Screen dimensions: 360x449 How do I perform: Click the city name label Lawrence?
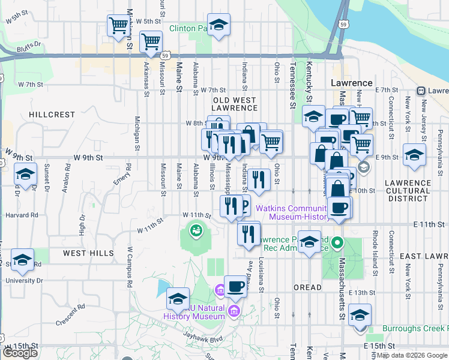tap(352, 83)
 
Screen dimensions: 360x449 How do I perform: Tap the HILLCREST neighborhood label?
tap(52, 114)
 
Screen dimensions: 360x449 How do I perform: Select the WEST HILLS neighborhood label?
tap(89, 253)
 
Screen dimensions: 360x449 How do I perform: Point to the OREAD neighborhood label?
tap(308, 287)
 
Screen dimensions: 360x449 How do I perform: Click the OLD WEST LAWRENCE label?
tap(235, 104)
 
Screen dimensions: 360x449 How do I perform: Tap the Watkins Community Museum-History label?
tap(292, 212)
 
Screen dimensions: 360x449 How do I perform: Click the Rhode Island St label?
tap(375, 242)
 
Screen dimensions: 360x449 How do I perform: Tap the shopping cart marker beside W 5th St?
tap(118, 25)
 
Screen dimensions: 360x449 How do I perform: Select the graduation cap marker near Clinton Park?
tap(219, 25)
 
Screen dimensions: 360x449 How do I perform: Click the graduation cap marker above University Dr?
tap(22, 259)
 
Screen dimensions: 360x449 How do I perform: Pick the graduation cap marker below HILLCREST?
tap(25, 175)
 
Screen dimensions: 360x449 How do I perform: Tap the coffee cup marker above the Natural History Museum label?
tap(235, 286)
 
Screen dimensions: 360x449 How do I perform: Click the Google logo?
tap(20, 353)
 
